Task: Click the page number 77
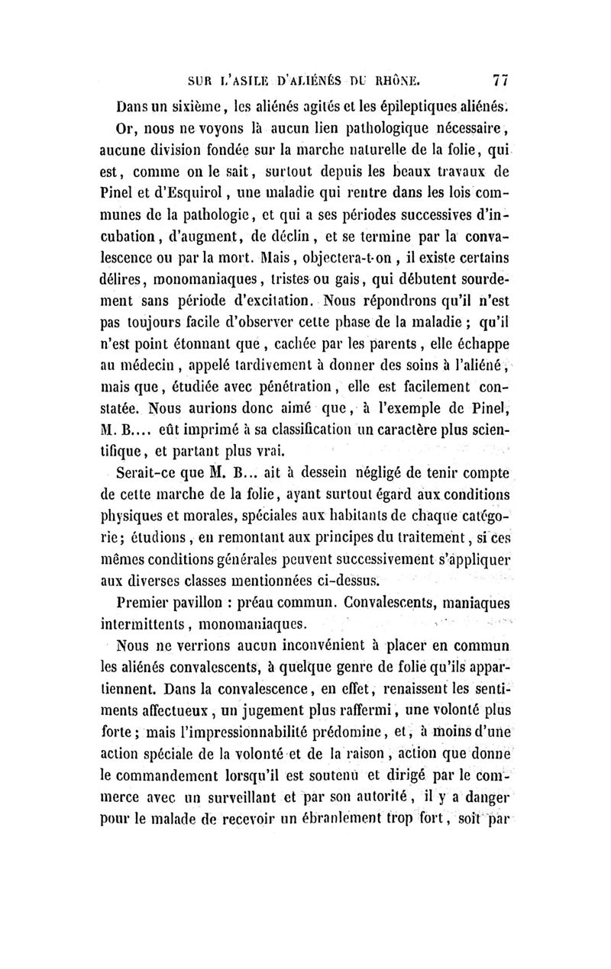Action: pos(501,78)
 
